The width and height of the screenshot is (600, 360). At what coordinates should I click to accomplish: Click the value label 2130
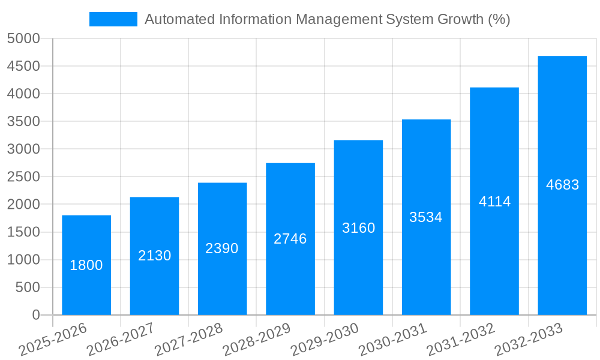(x=154, y=256)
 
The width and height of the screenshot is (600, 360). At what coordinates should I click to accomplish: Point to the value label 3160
(x=358, y=228)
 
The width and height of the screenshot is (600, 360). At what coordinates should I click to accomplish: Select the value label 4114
(x=494, y=202)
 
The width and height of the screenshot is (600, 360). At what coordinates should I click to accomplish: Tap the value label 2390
(x=222, y=248)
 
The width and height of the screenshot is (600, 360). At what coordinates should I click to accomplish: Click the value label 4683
(x=562, y=185)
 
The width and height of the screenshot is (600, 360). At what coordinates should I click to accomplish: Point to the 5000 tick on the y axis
(x=23, y=39)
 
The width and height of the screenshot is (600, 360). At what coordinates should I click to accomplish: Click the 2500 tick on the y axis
(x=23, y=177)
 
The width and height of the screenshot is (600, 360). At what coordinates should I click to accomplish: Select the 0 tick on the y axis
(x=36, y=315)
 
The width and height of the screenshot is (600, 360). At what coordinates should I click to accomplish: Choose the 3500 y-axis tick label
(x=23, y=122)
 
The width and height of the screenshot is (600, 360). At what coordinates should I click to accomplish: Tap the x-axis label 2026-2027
(x=121, y=340)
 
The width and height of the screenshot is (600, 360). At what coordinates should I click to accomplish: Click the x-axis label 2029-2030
(x=325, y=340)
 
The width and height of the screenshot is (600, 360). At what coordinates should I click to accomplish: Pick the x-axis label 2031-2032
(x=461, y=340)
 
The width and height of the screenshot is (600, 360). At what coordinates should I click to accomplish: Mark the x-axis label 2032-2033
(x=529, y=340)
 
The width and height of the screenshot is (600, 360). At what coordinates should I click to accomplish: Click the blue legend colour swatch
(x=113, y=19)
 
